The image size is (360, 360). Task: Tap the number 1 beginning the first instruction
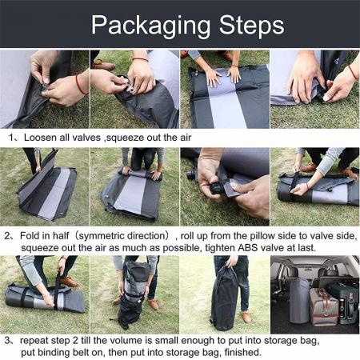(13, 138)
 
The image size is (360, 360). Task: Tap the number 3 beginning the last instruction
(13, 340)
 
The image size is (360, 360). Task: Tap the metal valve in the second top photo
(125, 89)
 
